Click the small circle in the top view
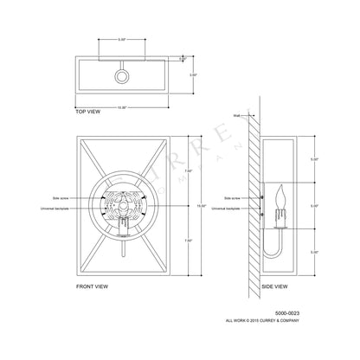click(x=121, y=76)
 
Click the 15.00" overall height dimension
click(x=201, y=207)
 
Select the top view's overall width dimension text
click(x=121, y=107)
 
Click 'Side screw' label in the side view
click(x=234, y=198)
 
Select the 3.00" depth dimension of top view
click(x=196, y=76)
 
